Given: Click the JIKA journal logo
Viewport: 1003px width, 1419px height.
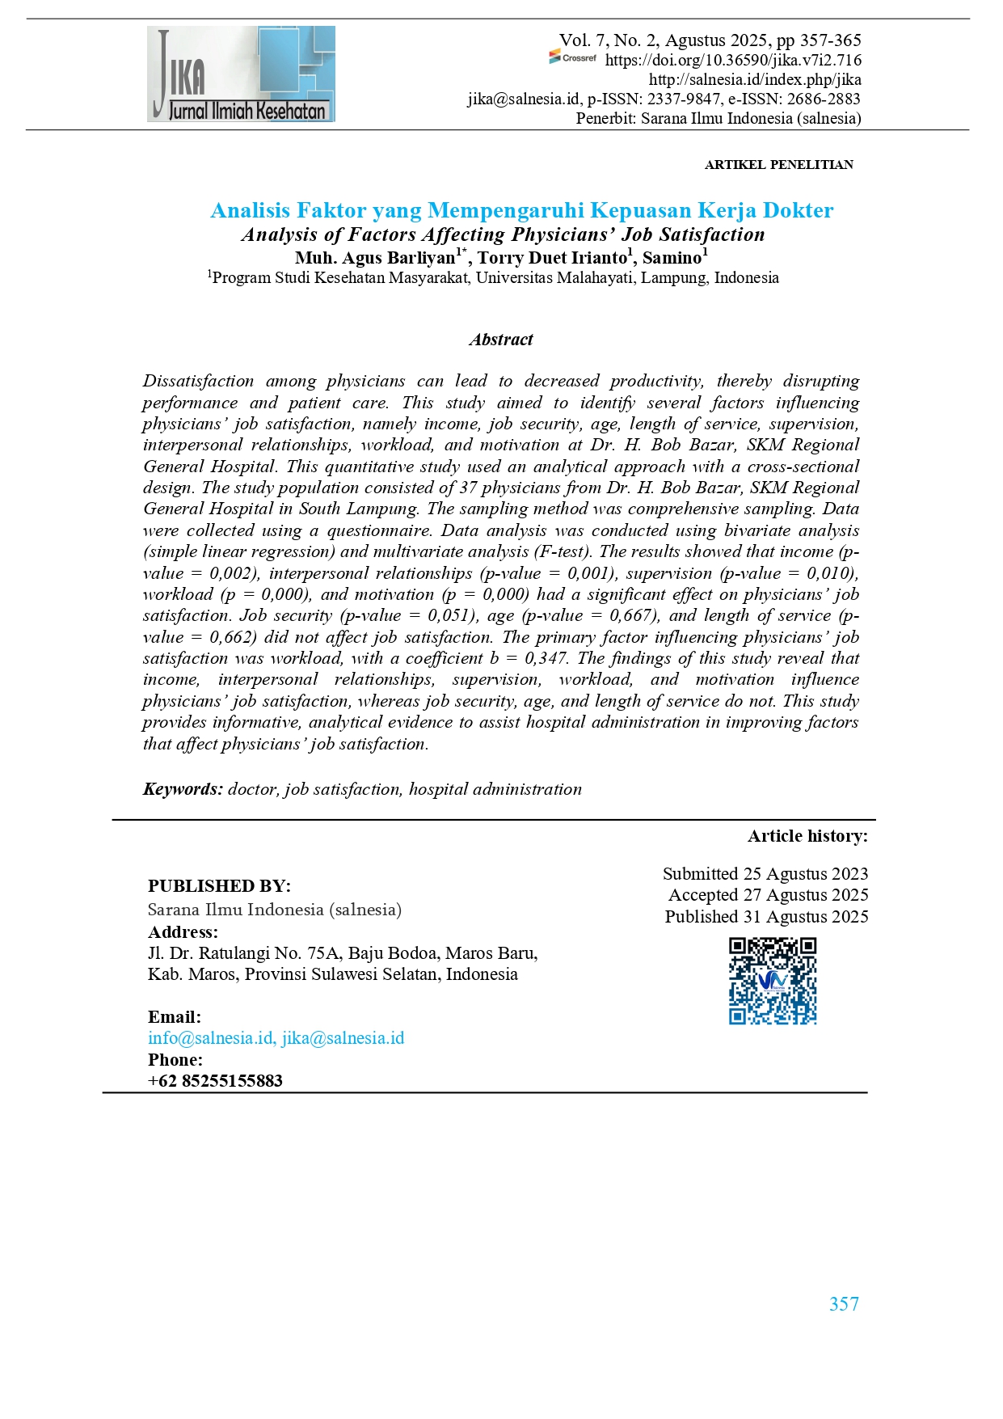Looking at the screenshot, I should coord(241,74).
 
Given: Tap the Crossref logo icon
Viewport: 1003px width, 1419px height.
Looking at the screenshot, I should coord(572,57).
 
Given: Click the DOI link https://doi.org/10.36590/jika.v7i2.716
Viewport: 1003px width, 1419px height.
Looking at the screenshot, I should coord(733,60).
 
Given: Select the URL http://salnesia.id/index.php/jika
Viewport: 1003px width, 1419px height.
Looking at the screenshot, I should coord(755,79).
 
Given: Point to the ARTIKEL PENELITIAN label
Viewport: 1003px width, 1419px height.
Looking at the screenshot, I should coord(778,165).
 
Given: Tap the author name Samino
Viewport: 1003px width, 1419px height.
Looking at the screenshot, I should coord(672,258).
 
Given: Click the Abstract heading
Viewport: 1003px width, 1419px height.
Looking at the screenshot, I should coord(501,340).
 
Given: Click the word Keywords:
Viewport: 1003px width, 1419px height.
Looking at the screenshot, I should coord(183,789).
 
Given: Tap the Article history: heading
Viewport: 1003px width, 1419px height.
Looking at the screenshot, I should coord(807,836).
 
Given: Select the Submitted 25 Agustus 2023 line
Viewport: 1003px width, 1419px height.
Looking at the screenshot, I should coord(765,874).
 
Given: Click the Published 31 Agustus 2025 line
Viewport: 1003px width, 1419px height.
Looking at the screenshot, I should coord(766,917).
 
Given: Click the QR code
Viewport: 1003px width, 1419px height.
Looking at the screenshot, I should coord(773,981).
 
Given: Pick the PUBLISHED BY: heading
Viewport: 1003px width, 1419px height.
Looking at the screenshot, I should coord(219,886).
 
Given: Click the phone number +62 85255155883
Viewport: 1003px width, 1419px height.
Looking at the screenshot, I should coord(215,1081).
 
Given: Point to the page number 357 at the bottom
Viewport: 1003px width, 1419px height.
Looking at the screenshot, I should coord(844,1304).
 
